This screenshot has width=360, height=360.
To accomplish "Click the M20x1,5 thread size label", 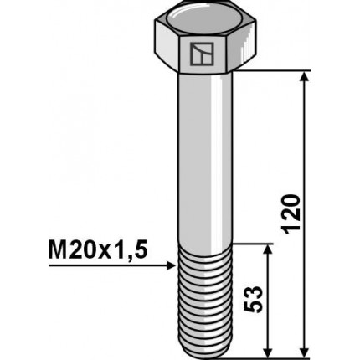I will pyautogui.click(x=95, y=249).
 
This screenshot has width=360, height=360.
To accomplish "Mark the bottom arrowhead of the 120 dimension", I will pyautogui.click(x=304, y=350).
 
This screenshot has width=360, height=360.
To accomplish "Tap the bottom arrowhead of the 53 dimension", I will pyautogui.click(x=267, y=350).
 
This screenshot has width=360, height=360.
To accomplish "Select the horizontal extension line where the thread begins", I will pyautogui.click(x=251, y=244).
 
